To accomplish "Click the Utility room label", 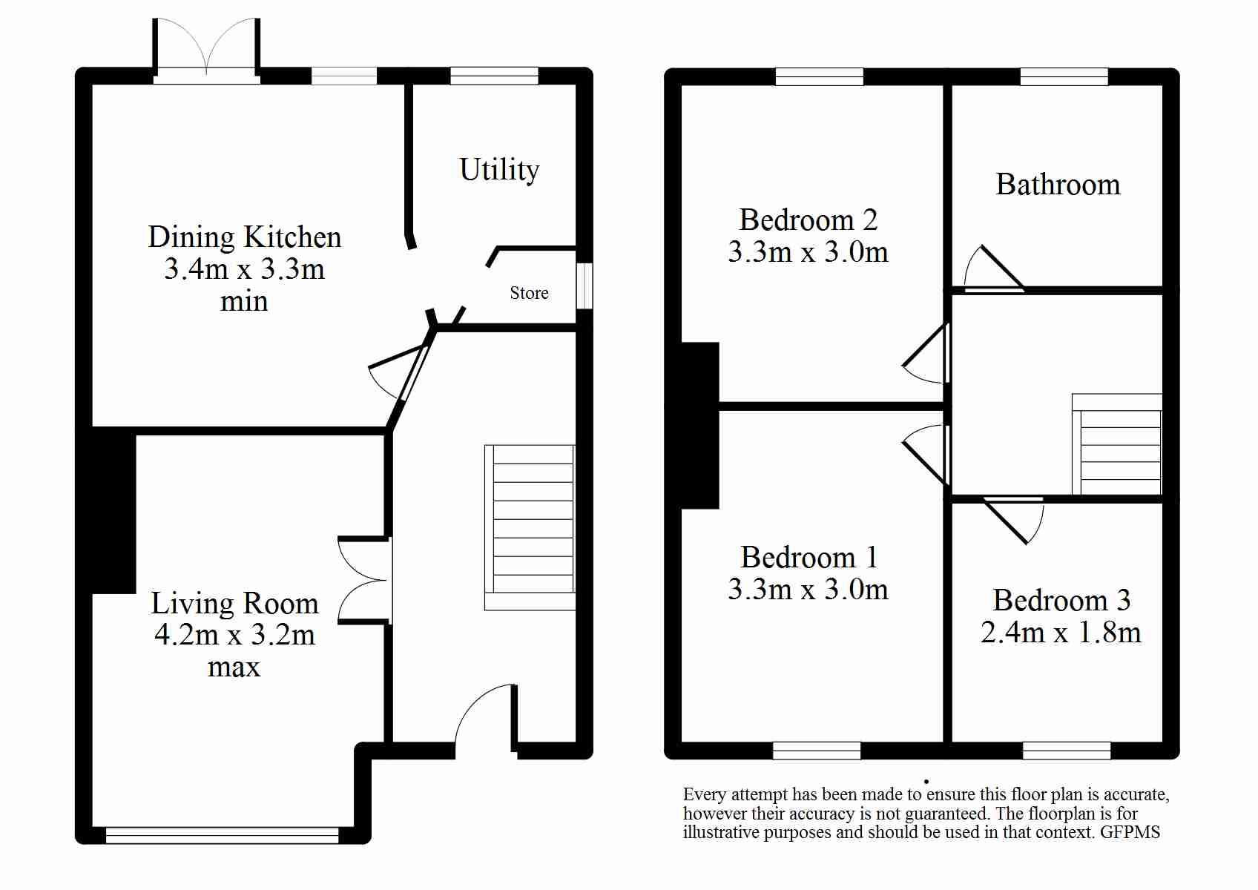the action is [499, 170].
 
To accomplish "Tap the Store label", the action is [529, 292].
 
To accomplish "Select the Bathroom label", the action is [1058, 184].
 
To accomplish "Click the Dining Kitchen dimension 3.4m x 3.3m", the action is [244, 268].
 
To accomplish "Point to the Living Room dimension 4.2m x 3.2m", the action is [234, 635].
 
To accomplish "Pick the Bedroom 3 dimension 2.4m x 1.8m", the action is [1061, 632].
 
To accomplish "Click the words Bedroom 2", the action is [809, 219].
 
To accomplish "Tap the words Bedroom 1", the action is [809, 557].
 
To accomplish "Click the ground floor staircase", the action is [530, 527].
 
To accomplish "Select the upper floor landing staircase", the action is [1117, 444].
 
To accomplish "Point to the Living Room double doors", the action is [364, 580].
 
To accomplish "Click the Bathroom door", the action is [994, 268].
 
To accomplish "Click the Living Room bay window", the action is [223, 835].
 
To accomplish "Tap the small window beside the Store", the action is [584, 286].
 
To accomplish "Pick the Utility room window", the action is [494, 76].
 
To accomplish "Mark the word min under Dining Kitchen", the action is [244, 302].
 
